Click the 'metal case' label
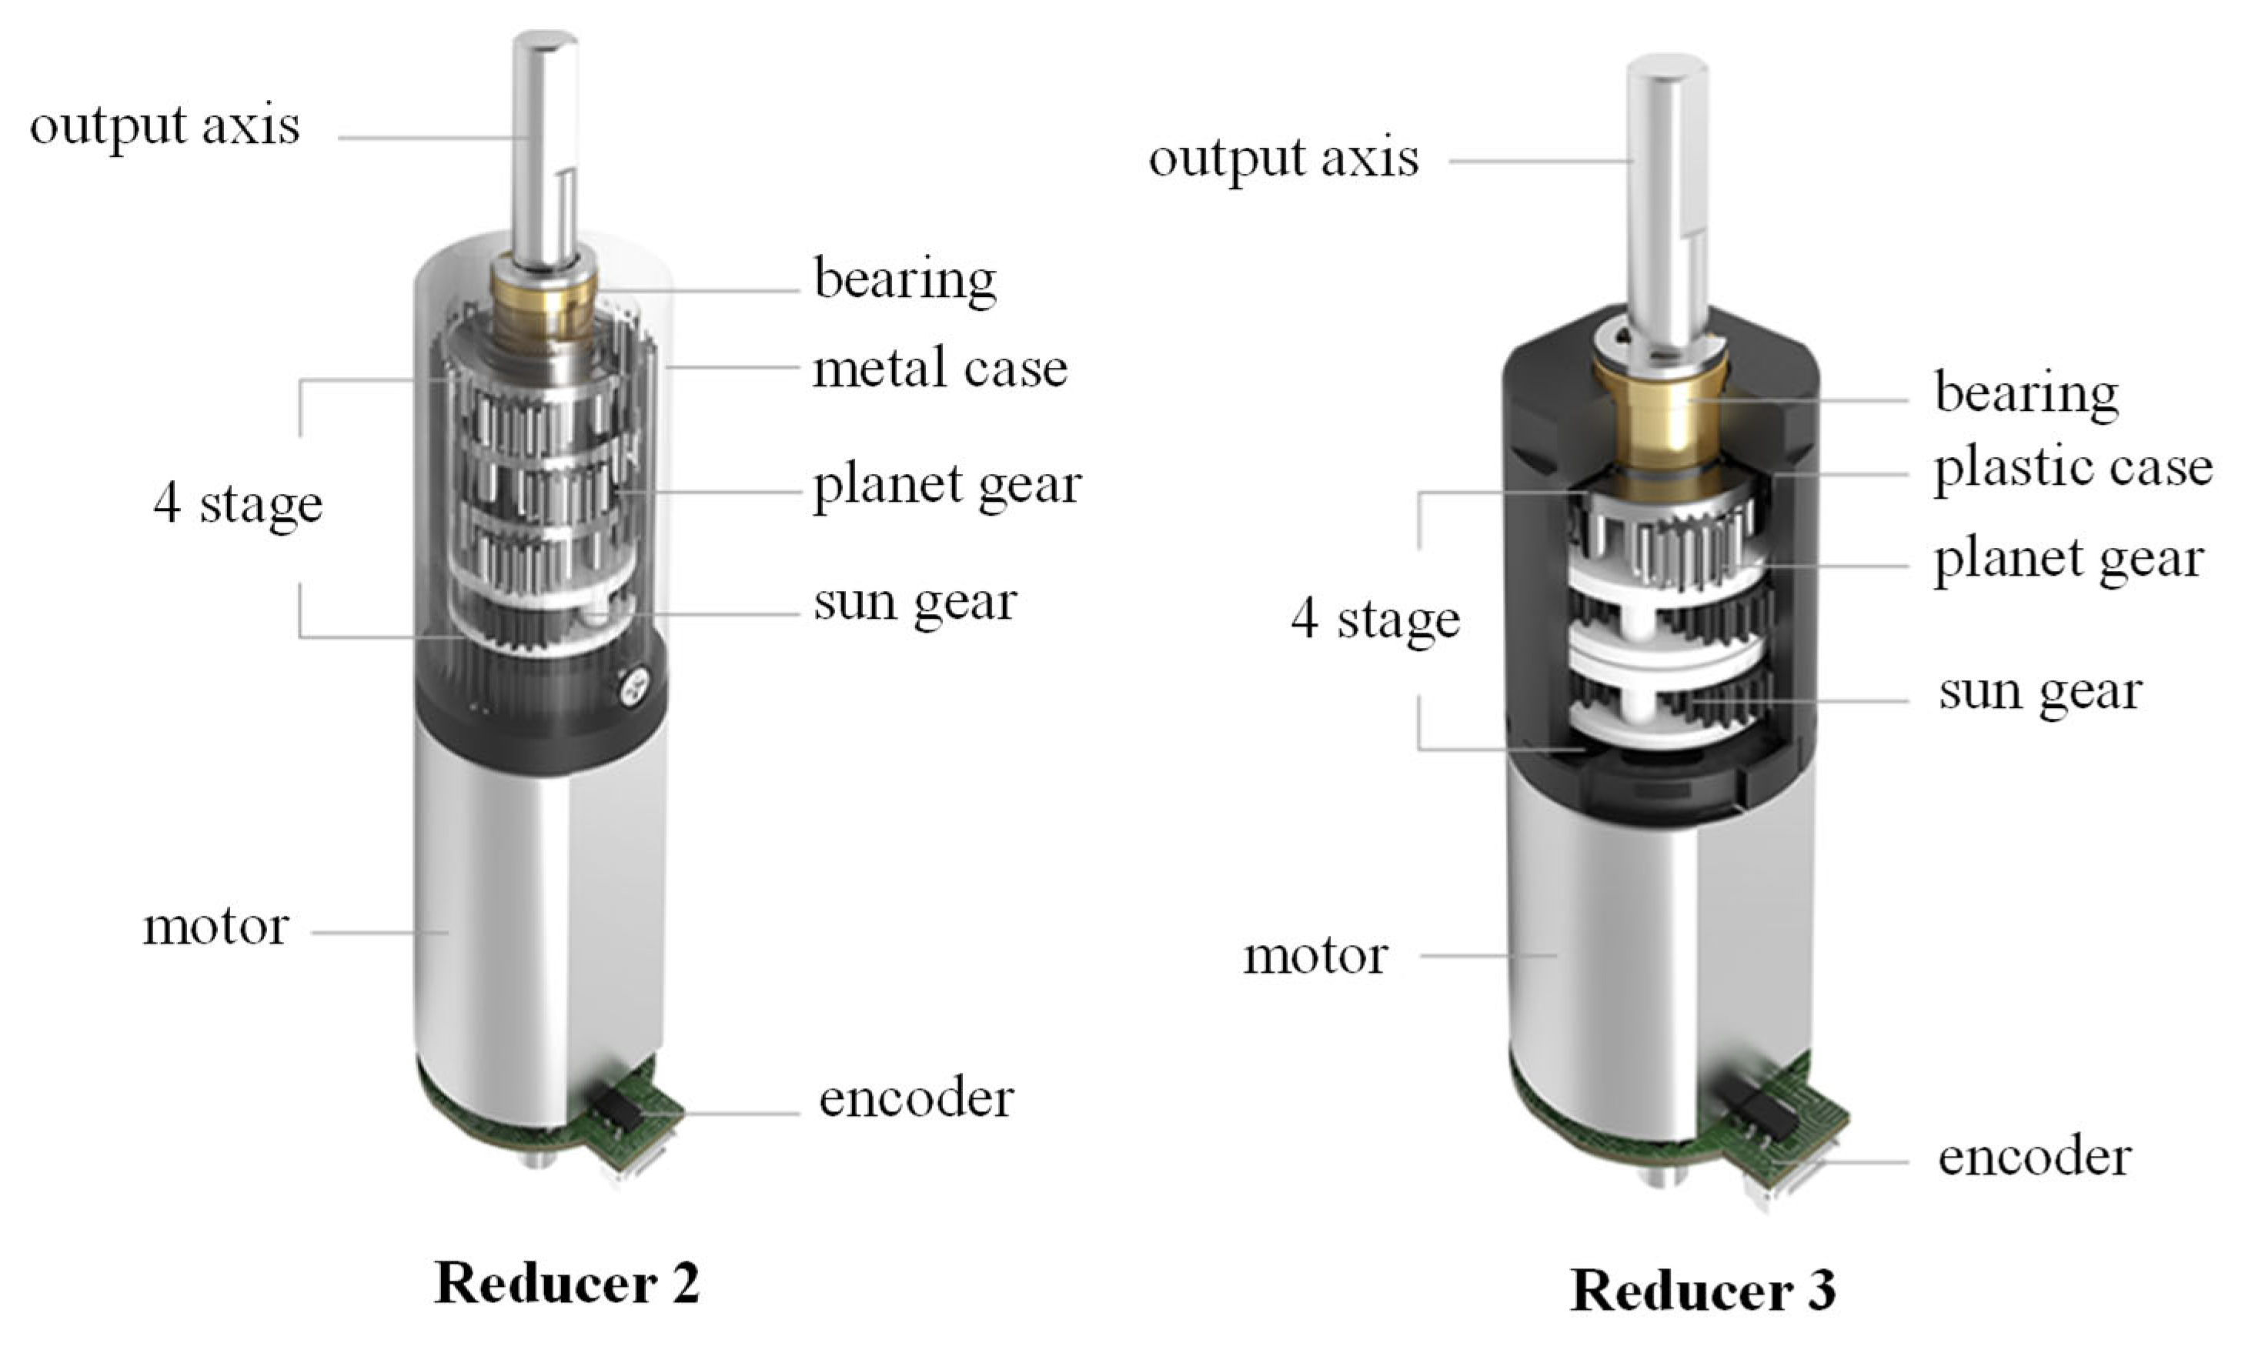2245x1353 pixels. tap(940, 369)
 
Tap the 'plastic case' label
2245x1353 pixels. tap(2073, 467)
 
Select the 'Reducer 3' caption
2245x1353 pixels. tap(1702, 1290)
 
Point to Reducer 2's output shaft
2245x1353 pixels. tap(544, 145)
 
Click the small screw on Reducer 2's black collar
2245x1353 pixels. tap(634, 688)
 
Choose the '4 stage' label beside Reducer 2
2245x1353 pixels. tap(238, 504)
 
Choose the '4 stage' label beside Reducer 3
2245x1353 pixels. tap(1375, 620)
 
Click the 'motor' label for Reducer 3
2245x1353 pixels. tap(1315, 957)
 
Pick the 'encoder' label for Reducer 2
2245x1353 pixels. tap(916, 1098)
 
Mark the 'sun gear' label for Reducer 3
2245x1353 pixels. tap(2039, 693)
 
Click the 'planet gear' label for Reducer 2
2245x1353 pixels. tap(947, 485)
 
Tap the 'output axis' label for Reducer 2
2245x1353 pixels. tap(164, 125)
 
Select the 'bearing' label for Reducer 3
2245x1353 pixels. tap(2026, 393)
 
